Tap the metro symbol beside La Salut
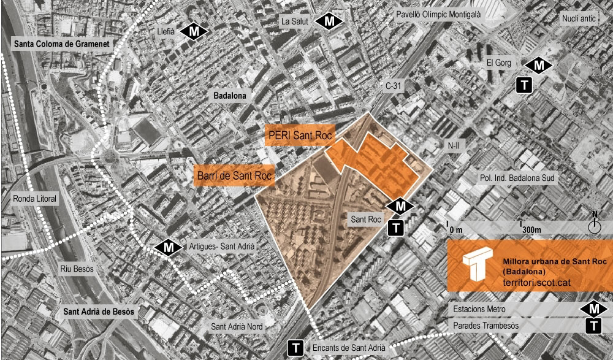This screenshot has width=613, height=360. [329, 21]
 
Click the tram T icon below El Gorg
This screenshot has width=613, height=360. [524, 85]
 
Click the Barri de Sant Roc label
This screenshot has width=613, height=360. [234, 176]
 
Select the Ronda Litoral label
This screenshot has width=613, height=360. [34, 199]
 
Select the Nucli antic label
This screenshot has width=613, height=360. [578, 18]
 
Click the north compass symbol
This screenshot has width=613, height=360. [593, 225]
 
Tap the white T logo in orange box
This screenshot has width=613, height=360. [476, 265]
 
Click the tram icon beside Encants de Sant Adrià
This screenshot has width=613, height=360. [296, 348]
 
